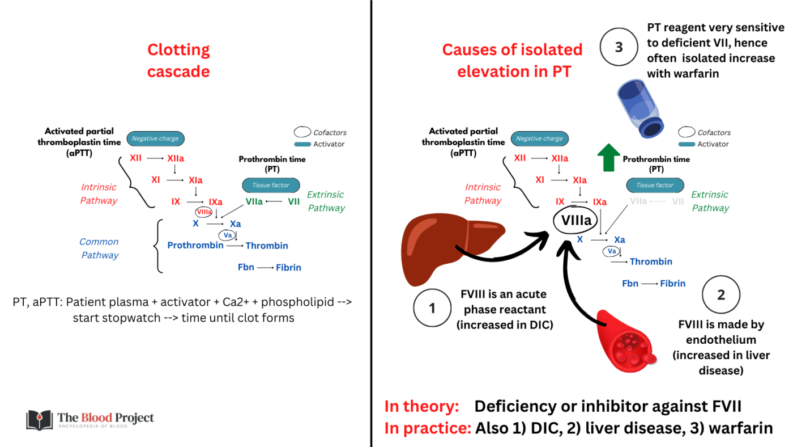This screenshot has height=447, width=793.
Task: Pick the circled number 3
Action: [x=619, y=48]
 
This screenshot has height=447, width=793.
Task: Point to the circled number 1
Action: [x=432, y=309]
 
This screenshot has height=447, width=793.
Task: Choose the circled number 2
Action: [x=720, y=296]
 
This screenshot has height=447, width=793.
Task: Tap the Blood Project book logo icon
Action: [x=39, y=420]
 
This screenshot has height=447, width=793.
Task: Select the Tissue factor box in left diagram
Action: [x=271, y=185]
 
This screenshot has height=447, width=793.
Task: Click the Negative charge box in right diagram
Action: [x=539, y=138]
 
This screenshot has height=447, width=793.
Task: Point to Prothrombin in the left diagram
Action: [x=195, y=246]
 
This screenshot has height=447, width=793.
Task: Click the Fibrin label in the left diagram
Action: [x=288, y=267]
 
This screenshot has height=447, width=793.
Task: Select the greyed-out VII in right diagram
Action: [x=677, y=201]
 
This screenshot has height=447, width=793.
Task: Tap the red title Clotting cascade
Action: [x=178, y=61]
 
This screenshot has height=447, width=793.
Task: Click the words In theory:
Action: [x=421, y=406]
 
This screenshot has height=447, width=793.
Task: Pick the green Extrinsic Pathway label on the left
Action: [x=326, y=201]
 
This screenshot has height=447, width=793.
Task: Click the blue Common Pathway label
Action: [x=99, y=248]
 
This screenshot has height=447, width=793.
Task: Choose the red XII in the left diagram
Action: [x=135, y=158]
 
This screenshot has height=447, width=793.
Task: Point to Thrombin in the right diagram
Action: [x=651, y=262]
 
